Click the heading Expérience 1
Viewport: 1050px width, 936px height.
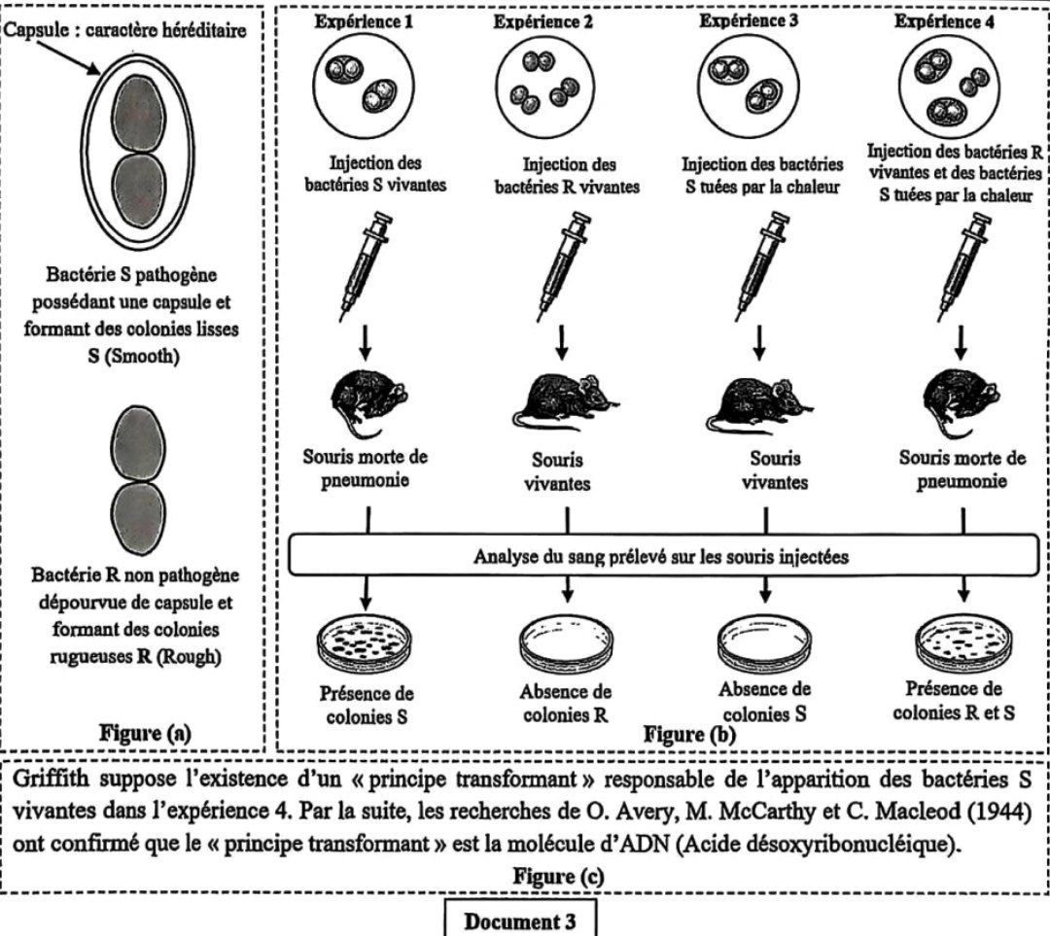tap(364, 21)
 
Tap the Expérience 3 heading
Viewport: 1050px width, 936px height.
tap(749, 20)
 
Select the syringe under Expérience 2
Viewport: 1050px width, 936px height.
tap(564, 265)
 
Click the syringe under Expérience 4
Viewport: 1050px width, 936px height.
tap(962, 265)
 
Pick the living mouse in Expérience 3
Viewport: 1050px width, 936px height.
tap(758, 405)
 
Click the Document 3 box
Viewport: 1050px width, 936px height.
tap(520, 920)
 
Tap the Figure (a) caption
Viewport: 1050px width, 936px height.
tap(145, 733)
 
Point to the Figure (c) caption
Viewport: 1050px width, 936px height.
tap(558, 876)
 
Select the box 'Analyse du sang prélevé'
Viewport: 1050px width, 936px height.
tap(663, 556)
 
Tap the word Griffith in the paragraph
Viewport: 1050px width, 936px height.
tap(51, 780)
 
